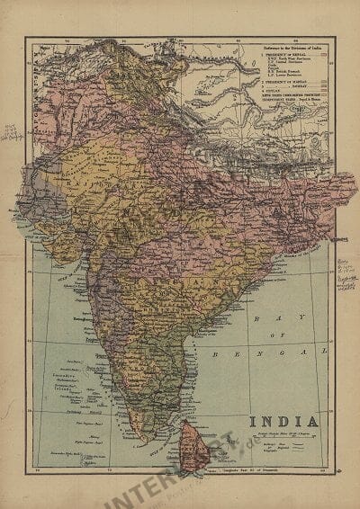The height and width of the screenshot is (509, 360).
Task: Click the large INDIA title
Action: click(278, 420)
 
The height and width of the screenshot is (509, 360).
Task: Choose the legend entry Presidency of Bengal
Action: click(270, 54)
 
